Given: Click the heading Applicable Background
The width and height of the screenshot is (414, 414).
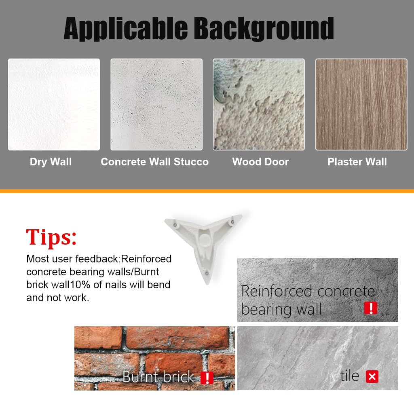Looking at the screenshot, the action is (199, 29).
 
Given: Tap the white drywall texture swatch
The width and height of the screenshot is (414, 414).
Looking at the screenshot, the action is (54, 105).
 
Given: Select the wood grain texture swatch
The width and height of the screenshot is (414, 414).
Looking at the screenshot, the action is (361, 105).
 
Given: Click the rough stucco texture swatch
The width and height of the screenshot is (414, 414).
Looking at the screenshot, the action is (259, 105).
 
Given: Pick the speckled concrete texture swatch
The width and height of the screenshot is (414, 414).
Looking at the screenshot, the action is (156, 105).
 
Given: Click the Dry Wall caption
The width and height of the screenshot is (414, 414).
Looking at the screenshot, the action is (51, 162).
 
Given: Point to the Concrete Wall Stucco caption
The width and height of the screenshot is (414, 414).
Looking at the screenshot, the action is (155, 162).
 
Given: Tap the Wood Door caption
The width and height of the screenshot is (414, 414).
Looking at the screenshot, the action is (261, 162).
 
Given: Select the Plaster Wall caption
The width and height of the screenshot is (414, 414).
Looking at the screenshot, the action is (357, 162).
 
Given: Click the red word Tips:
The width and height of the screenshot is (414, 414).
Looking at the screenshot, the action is (51, 237).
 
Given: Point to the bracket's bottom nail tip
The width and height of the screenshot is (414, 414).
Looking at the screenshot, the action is (207, 283).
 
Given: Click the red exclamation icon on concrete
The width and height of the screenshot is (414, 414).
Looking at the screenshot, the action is (371, 308).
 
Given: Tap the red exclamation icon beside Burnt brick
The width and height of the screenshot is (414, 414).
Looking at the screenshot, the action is (207, 378).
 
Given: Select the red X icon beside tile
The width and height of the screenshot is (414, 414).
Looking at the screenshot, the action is (372, 376).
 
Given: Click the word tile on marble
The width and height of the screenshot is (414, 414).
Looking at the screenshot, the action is (350, 376).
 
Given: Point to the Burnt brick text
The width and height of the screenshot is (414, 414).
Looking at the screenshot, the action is (158, 377).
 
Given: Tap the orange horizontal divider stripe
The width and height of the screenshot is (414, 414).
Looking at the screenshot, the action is (207, 191).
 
